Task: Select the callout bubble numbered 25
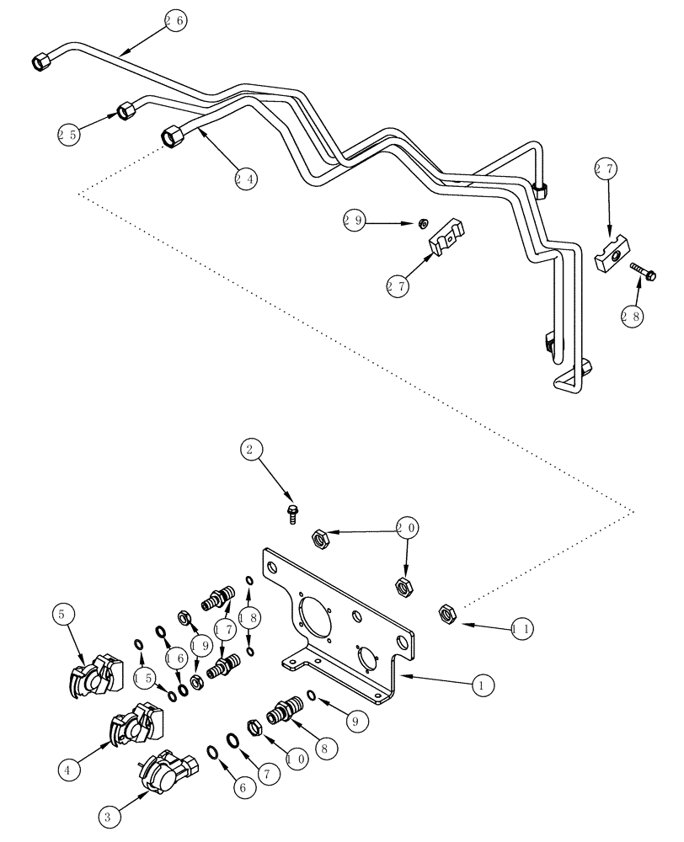(x=69, y=133)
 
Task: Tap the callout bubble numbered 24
(x=246, y=179)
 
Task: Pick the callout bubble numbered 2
(x=249, y=450)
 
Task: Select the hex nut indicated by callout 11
(x=447, y=613)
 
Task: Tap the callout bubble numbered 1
(x=481, y=687)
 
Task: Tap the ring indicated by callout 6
(x=216, y=752)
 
